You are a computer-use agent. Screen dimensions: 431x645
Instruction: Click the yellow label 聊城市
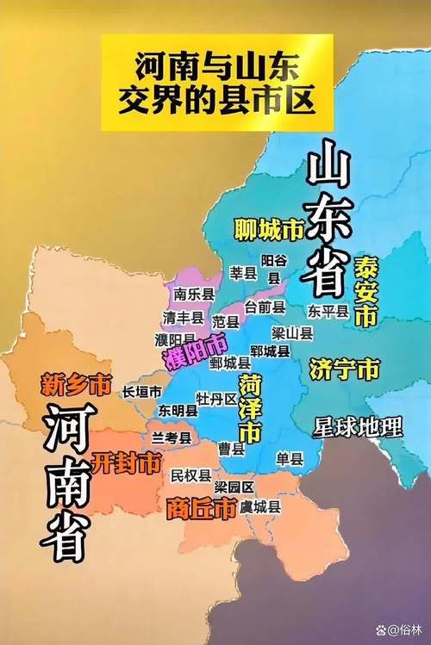tap(270, 229)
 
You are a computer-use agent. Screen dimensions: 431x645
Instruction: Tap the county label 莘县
tap(243, 273)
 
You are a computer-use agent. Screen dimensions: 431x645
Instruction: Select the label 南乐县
tap(192, 295)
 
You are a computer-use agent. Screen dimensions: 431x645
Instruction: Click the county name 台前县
tap(265, 306)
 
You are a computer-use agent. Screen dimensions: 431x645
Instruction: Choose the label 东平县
tap(328, 311)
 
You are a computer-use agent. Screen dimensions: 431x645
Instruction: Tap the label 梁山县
tap(292, 332)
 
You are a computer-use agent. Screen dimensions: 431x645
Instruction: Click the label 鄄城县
tap(230, 363)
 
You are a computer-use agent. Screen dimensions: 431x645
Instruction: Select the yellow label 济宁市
tap(343, 370)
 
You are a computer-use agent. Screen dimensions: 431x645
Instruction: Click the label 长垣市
tap(142, 392)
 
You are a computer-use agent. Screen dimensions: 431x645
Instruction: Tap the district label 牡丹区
tap(217, 399)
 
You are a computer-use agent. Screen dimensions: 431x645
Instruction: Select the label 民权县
tap(191, 475)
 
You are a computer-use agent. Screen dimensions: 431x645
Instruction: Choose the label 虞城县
tap(260, 506)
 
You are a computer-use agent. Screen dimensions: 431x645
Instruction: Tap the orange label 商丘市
tap(200, 509)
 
